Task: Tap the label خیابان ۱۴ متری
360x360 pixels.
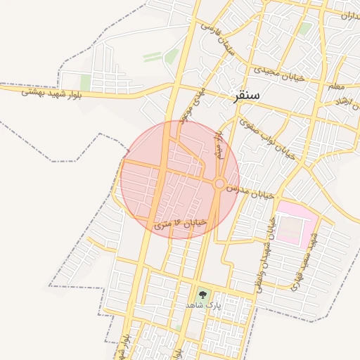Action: tap(181, 224)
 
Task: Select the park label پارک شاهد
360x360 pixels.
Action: tap(203, 305)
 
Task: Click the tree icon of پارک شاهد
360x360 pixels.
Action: tap(203, 294)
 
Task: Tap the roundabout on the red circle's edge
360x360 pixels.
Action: tap(219, 184)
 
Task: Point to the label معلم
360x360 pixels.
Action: tap(336, 86)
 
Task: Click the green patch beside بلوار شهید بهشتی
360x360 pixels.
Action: tap(85, 82)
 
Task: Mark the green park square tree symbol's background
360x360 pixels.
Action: tap(203, 294)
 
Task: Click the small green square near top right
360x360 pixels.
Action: tap(304, 29)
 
